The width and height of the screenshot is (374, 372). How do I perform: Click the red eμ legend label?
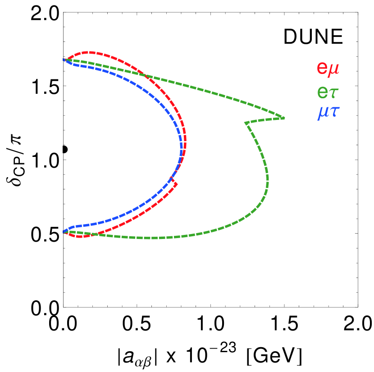click(328, 69)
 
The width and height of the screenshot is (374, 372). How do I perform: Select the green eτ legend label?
click(328, 92)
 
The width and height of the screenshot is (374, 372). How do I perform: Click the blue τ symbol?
click(334, 112)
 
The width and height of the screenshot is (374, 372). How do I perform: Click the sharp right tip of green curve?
click(284, 118)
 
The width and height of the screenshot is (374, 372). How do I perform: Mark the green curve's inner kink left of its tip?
click(246, 123)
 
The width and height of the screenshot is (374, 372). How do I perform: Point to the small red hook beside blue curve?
click(175, 183)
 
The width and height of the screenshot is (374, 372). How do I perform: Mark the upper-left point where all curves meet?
click(64, 60)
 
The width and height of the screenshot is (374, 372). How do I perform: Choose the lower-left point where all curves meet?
click(64, 232)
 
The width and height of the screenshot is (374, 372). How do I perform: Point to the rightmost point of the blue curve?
click(182, 147)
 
